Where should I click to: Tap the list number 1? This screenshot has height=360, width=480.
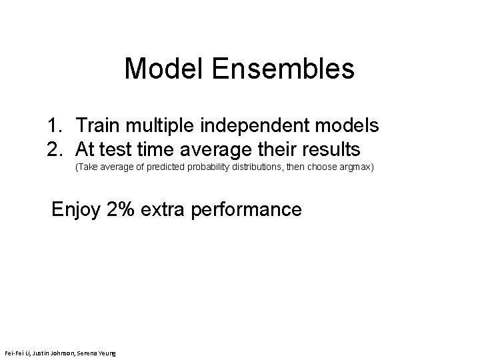[x=55, y=125]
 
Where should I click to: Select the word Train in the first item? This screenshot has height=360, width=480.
[x=97, y=125]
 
